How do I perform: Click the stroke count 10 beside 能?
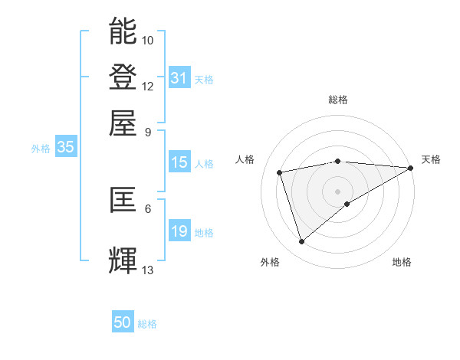click(x=148, y=40)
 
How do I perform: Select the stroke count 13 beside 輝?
click(x=148, y=270)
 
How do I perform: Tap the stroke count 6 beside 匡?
click(x=148, y=208)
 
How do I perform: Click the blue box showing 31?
click(x=179, y=78)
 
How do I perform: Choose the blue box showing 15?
click(x=179, y=162)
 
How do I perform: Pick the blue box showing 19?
click(x=179, y=231)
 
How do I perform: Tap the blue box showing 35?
click(x=65, y=148)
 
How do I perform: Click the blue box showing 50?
click(x=123, y=322)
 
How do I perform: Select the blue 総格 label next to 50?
click(x=147, y=324)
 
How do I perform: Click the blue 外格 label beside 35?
click(x=41, y=149)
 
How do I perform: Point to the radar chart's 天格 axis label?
click(x=431, y=159)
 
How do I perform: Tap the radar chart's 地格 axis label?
click(x=402, y=262)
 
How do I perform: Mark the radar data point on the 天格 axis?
click(x=411, y=168)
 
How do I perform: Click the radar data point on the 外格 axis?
click(x=301, y=242)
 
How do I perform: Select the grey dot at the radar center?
click(x=338, y=191)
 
